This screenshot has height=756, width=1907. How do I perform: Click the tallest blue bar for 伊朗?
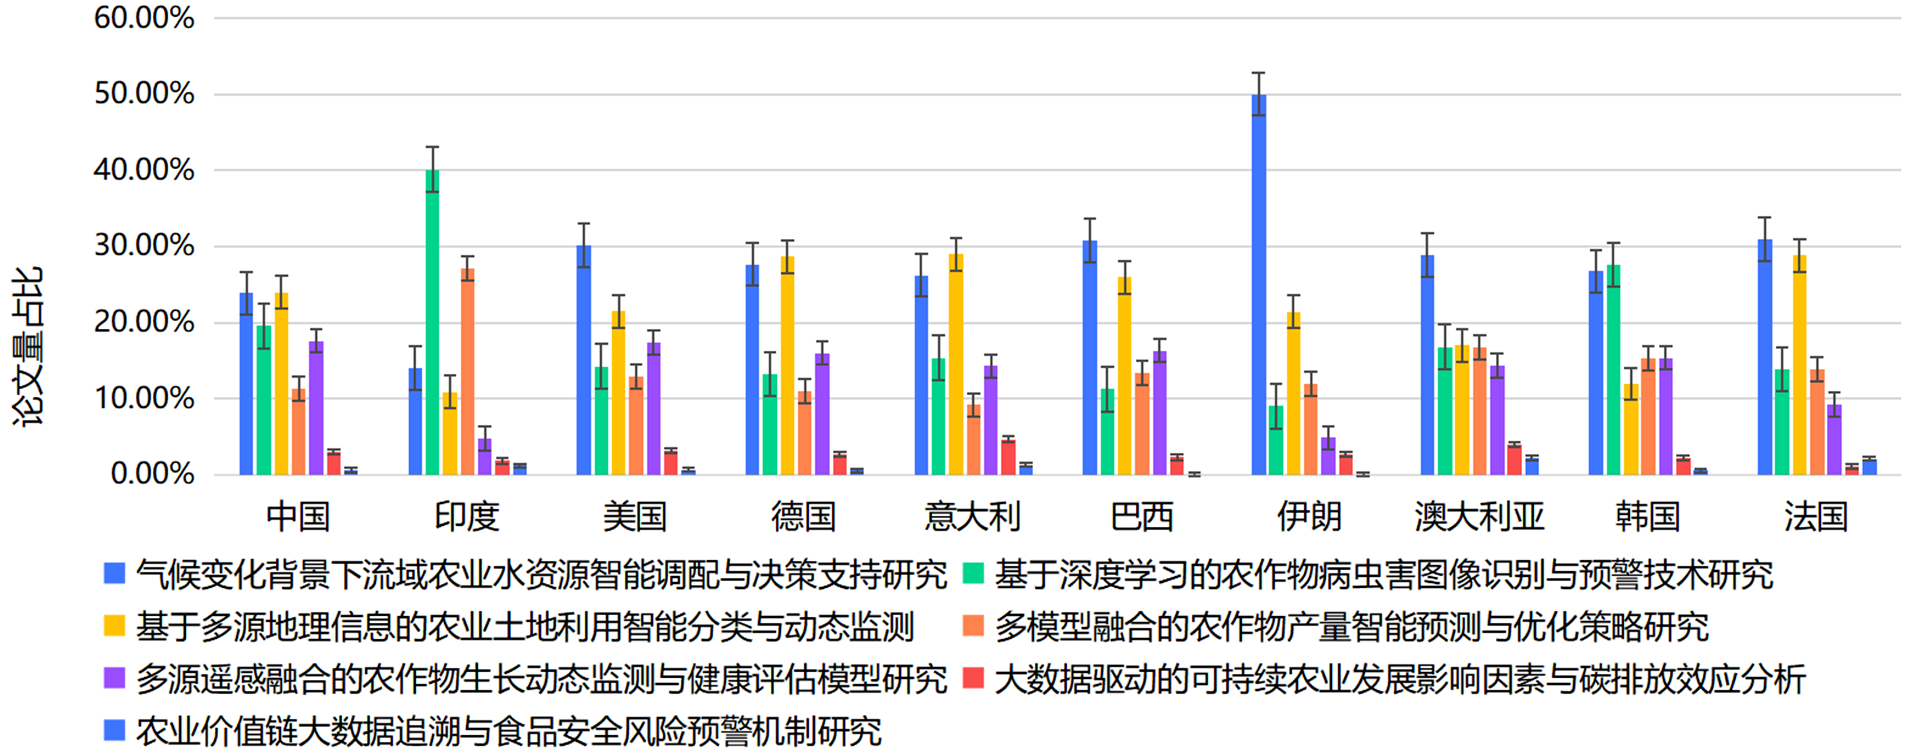pos(1259,285)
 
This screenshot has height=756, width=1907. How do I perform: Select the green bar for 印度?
pos(433,322)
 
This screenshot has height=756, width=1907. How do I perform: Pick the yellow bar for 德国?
pos(787,366)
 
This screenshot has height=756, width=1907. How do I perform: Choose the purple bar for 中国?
pos(316,408)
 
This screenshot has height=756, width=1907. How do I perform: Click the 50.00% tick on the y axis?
pos(144,94)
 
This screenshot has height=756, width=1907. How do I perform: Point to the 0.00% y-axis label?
pos(152,474)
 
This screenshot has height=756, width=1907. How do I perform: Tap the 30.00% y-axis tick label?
pos(144,246)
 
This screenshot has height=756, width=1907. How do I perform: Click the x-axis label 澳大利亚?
pos(1478,517)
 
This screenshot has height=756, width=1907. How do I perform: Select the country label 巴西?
pos(1141,517)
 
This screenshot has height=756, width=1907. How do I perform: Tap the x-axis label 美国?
pos(635,517)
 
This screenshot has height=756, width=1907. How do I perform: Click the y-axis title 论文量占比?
pos(28,346)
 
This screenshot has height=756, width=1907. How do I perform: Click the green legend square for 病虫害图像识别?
pos(973,573)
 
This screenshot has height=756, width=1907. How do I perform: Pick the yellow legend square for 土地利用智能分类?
pos(115,625)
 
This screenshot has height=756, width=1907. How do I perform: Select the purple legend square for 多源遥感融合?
pos(115,678)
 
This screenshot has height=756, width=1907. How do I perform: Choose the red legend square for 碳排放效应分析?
pos(973,678)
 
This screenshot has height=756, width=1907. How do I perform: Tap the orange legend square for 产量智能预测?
pos(973,625)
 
